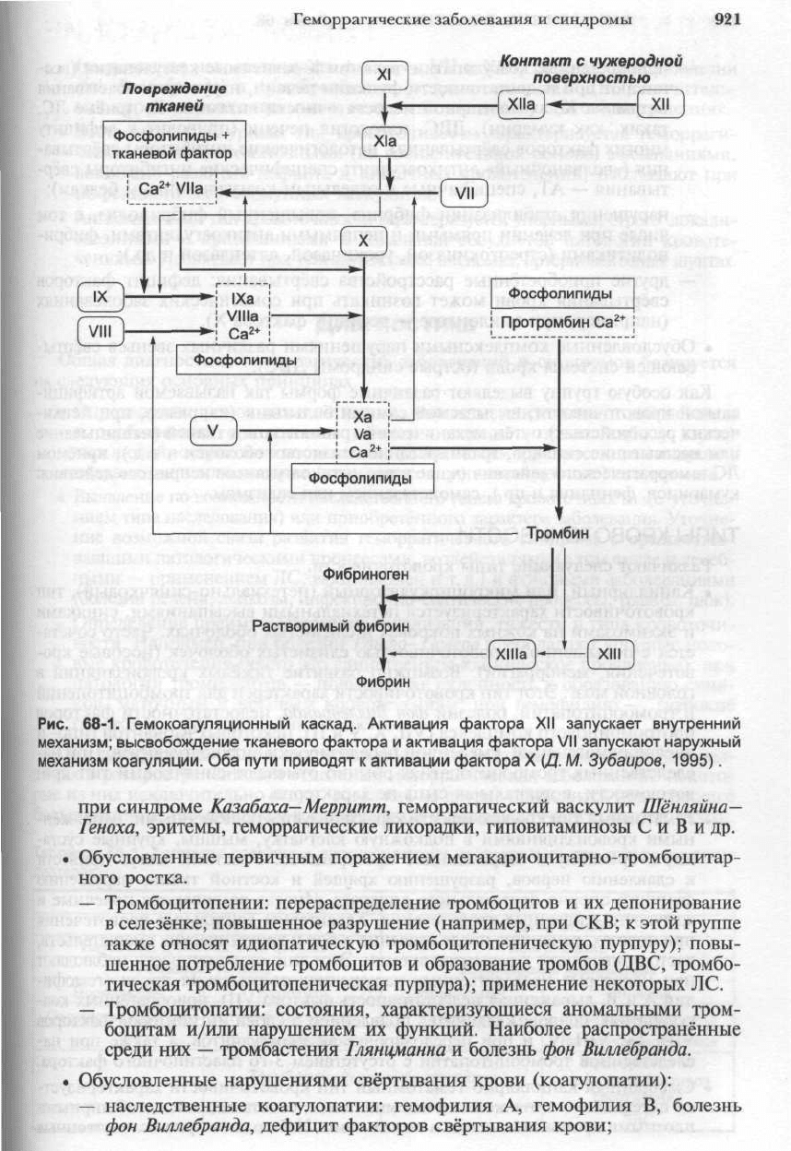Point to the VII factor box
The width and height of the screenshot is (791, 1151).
coord(465,195)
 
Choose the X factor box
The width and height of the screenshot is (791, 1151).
coord(364,240)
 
